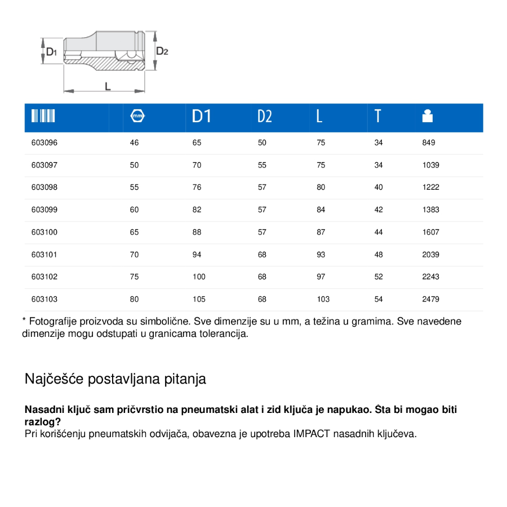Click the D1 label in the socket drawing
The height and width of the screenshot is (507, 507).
(x=51, y=52)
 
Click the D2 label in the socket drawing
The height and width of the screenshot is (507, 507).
(x=162, y=51)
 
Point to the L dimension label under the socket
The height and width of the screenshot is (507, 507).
(x=107, y=86)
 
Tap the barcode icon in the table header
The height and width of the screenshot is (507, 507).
(x=43, y=116)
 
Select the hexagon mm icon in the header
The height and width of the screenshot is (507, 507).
(x=137, y=116)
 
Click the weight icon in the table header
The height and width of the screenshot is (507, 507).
(x=428, y=116)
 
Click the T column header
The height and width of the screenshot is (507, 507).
(x=377, y=116)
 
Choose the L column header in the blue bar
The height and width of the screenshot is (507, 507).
(x=319, y=116)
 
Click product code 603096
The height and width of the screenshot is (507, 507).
(x=45, y=143)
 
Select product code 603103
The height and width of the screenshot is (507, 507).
(x=45, y=300)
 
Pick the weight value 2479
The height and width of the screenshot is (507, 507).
(x=431, y=300)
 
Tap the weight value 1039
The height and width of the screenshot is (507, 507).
(x=431, y=166)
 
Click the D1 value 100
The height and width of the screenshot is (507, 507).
(x=199, y=277)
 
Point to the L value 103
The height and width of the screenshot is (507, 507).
(x=323, y=300)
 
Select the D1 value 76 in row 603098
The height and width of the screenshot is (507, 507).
(x=197, y=188)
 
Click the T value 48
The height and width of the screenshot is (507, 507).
(x=379, y=255)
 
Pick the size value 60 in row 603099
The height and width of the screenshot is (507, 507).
(x=134, y=210)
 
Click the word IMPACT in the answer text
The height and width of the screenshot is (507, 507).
(x=311, y=434)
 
